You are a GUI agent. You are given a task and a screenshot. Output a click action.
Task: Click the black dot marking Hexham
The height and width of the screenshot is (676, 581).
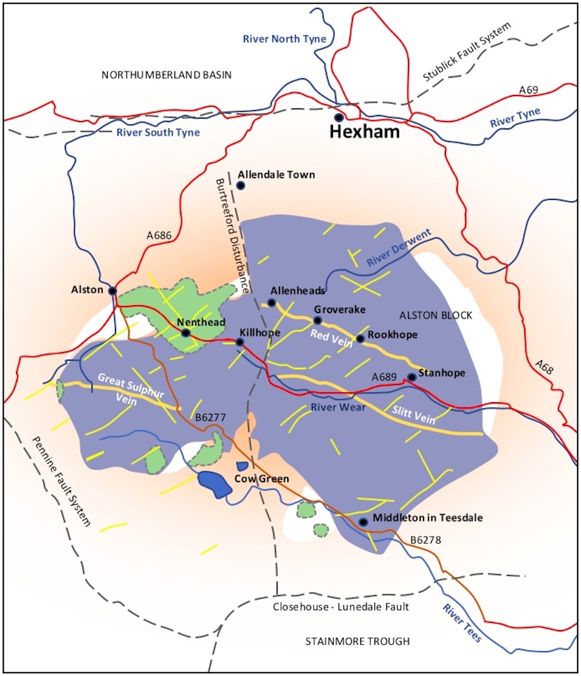[338, 118]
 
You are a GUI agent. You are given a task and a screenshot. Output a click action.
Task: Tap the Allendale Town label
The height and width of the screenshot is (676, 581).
[276, 175]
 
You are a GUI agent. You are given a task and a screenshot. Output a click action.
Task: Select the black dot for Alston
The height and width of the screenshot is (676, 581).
[112, 291]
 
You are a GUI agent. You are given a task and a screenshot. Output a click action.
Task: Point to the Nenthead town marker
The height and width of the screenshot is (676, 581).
[185, 333]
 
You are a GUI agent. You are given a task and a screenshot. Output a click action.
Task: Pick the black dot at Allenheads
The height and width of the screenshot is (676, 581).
[272, 303]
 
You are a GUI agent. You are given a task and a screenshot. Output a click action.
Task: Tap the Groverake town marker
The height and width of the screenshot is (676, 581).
[317, 320]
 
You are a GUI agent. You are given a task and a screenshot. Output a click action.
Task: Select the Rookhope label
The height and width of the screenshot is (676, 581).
[392, 335]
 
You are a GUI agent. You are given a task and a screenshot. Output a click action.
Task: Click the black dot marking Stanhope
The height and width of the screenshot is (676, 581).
[411, 377]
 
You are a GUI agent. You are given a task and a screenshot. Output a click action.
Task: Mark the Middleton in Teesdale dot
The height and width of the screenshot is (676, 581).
[363, 522]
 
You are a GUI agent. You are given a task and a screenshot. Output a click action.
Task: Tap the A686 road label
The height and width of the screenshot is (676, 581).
[159, 236]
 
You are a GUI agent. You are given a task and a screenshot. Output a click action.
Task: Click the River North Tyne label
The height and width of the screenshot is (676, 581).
[285, 39]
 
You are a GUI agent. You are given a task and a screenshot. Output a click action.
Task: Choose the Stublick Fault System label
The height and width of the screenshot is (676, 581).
[466, 52]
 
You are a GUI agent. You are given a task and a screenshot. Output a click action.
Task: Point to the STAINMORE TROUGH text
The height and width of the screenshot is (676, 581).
[358, 642]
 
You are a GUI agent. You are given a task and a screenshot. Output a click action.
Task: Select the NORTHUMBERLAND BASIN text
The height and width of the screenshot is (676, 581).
[167, 76]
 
